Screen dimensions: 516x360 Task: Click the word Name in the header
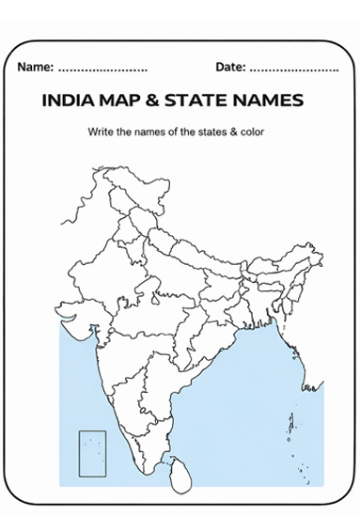pos(34,68)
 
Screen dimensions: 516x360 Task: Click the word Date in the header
pos(229,68)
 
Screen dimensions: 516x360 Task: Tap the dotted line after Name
pos(102,70)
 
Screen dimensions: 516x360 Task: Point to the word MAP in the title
pos(129,100)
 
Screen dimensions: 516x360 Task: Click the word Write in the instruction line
pos(102,131)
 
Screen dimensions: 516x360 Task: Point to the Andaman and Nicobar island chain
pos(294,423)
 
